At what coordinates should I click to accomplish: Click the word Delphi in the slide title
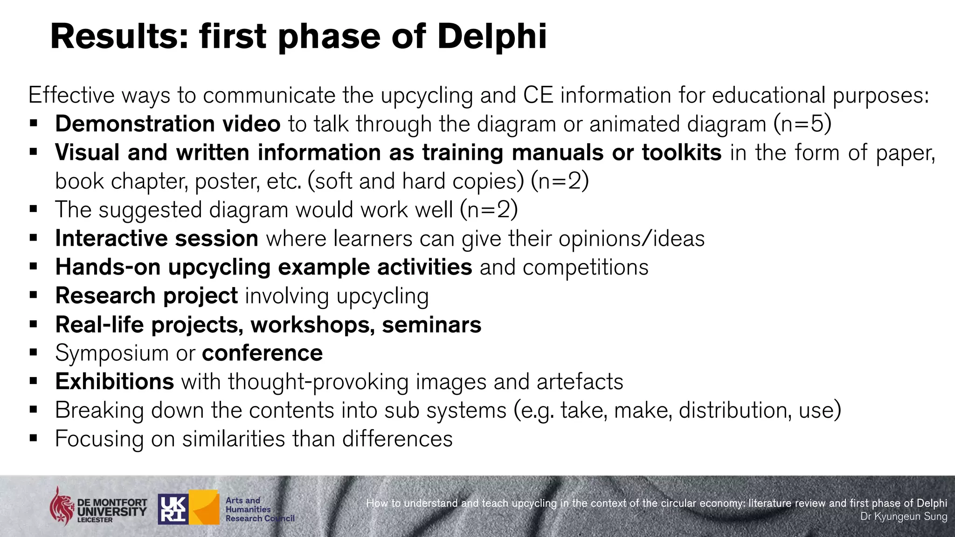[x=491, y=36]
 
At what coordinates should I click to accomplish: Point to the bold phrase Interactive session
[x=157, y=239]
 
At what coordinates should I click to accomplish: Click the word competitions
[x=586, y=268]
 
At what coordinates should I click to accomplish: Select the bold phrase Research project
[x=146, y=296]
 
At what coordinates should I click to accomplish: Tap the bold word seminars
[x=431, y=325]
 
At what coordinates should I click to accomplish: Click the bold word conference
[x=263, y=353]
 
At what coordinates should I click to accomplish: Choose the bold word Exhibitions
[x=115, y=382]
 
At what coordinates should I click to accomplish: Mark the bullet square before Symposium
[x=33, y=352]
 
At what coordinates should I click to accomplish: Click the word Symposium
[x=111, y=353]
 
